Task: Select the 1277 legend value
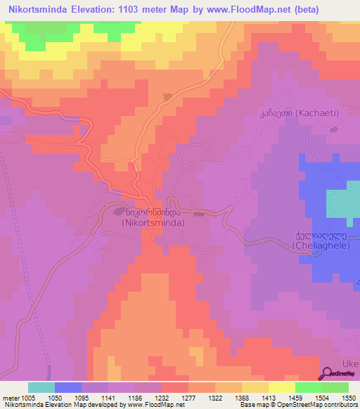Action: point(189,397)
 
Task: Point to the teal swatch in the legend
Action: point(41,387)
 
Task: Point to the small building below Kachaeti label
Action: point(335,128)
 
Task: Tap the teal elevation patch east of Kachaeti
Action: point(343,204)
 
